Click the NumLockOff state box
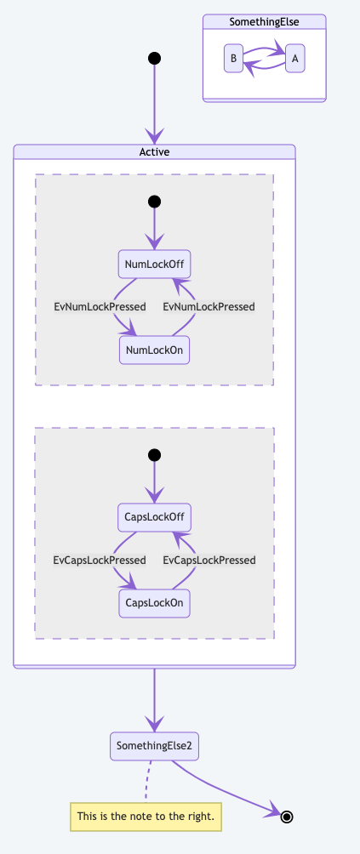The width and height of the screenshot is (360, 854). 154,264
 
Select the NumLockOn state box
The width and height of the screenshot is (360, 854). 154,350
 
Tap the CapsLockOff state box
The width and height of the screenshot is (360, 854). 154,517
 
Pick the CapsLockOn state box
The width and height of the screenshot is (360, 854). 154,603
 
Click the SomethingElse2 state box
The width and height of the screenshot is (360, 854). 154,746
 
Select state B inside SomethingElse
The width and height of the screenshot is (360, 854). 232,59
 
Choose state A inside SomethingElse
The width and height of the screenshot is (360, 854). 294,59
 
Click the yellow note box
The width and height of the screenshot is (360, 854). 146,817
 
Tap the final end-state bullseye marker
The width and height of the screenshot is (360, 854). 288,817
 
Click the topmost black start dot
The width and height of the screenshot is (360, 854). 154,59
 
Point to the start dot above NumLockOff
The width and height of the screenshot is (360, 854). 154,202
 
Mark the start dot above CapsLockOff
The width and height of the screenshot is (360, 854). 154,455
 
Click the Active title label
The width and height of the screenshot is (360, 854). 154,152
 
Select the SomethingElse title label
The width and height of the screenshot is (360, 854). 264,22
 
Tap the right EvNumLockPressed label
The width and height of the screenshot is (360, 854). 209,306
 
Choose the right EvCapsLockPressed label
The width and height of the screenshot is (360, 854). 209,560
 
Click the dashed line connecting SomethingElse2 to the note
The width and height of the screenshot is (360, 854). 147,781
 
